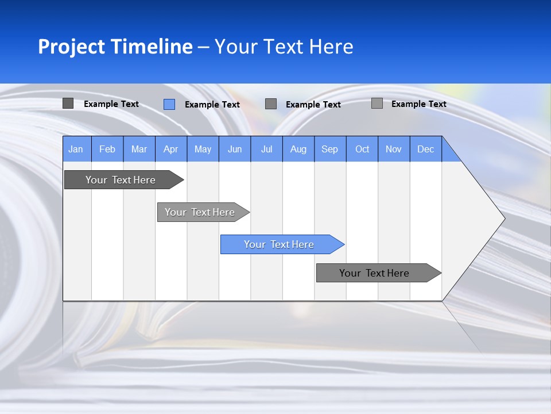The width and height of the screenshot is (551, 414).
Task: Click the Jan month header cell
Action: (x=76, y=149)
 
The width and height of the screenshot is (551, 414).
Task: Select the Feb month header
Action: (x=107, y=149)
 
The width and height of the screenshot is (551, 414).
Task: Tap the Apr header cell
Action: (x=171, y=149)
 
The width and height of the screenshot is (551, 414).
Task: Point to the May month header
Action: (x=203, y=149)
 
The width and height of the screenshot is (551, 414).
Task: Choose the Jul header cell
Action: (x=266, y=149)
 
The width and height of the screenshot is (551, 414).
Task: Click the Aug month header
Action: (x=298, y=149)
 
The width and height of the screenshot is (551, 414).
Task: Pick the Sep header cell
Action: (x=330, y=149)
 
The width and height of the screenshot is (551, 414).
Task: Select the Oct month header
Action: (x=362, y=149)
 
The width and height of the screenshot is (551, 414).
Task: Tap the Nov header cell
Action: (x=394, y=149)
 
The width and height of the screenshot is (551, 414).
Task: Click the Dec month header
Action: (x=426, y=149)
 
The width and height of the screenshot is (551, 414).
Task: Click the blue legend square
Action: (x=169, y=104)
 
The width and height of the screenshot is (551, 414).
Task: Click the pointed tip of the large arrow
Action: (x=503, y=218)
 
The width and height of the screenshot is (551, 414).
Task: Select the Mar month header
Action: (x=139, y=149)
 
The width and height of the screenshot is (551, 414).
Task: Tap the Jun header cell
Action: (x=235, y=149)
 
